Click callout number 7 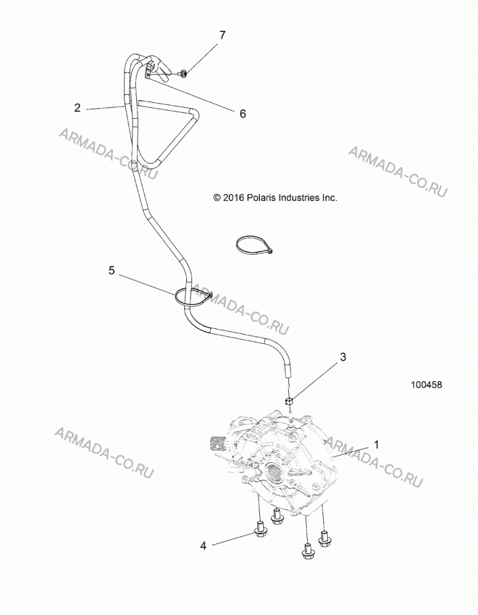pos(222,35)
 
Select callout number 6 pos(243,114)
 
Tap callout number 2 pos(77,108)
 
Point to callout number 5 pos(112,271)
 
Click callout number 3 pos(343,357)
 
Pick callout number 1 pos(377,445)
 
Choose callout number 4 pos(203,546)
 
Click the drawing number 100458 pos(426,385)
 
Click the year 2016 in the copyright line pos(233,197)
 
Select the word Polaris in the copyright pos(261,197)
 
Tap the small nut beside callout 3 pos(289,401)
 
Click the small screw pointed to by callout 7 pos(183,73)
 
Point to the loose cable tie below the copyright pos(255,247)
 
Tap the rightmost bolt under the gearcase pos(324,539)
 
